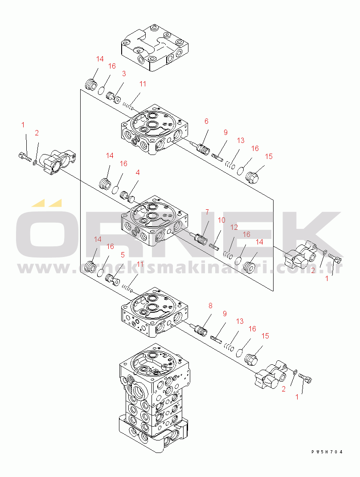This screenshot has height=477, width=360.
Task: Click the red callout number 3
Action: click(124, 73)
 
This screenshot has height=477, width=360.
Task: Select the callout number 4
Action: click(138, 172)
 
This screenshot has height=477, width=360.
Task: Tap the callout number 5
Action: click(123, 255)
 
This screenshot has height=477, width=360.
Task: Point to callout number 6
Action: click(206, 122)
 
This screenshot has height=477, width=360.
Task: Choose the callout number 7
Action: click(207, 212)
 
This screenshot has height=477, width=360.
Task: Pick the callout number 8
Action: click(210, 306)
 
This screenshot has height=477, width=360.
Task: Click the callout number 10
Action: click(221, 220)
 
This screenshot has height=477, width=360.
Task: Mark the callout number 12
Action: click(234, 227)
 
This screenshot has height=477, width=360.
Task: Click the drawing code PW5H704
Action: click(327, 452)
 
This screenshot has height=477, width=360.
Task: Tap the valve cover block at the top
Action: click(155, 48)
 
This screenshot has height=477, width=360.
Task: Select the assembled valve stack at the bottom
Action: click(154, 399)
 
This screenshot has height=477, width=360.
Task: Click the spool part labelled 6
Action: click(200, 147)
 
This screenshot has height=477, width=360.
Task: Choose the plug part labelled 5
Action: click(113, 279)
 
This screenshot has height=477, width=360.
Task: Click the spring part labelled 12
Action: click(228, 254)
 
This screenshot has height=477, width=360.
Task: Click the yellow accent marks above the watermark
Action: click(47, 203)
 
